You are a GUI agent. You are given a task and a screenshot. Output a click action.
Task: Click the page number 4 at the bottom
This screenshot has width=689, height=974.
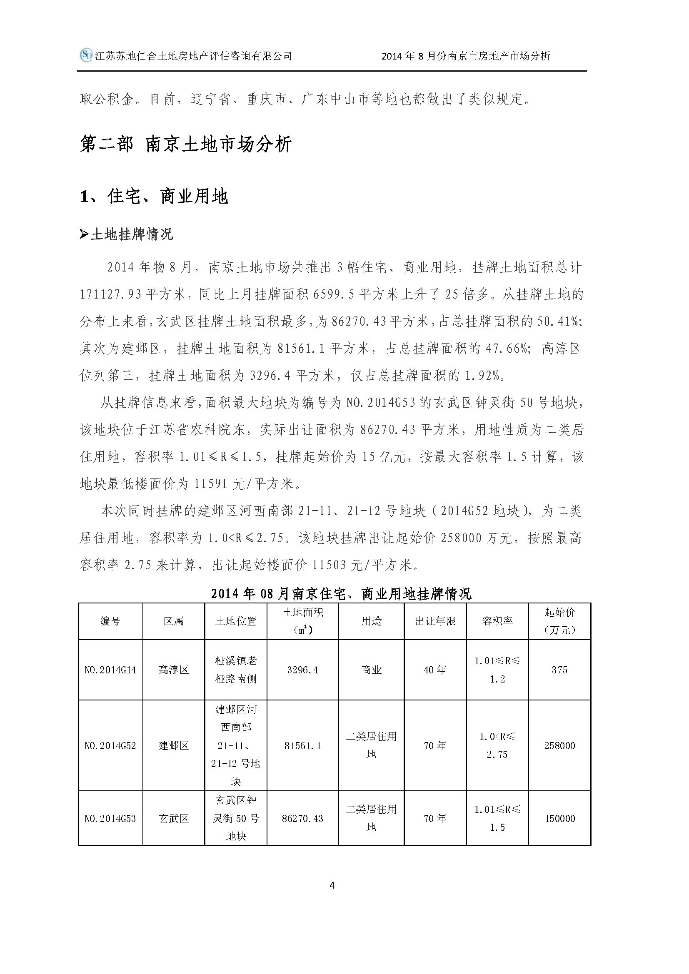[332, 885]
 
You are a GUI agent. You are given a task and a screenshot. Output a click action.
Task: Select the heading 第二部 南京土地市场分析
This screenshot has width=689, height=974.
[186, 144]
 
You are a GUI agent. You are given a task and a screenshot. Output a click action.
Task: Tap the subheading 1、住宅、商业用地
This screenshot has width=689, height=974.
[154, 197]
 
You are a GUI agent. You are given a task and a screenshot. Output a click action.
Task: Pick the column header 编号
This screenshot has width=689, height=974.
[110, 621]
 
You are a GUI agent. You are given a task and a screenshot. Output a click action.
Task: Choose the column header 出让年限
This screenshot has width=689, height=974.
[435, 621]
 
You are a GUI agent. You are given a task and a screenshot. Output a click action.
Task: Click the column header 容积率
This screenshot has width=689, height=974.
[497, 621]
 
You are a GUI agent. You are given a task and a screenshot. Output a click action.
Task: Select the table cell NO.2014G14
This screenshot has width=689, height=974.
[110, 670]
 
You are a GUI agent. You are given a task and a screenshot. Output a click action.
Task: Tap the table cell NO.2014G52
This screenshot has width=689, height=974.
[110, 745]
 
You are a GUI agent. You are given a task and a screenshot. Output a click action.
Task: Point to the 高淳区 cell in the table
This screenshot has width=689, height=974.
[174, 670]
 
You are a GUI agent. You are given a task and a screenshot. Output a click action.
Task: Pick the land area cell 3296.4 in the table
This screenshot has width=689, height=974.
[302, 670]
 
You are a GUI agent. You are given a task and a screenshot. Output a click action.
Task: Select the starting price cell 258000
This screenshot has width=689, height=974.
[559, 745]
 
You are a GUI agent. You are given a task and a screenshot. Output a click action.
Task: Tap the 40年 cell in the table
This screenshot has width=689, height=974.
[435, 670]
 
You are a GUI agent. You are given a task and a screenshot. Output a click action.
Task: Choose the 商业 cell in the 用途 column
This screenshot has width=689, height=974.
[371, 670]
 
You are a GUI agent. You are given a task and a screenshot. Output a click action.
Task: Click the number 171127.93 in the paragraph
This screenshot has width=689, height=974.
[110, 294]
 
